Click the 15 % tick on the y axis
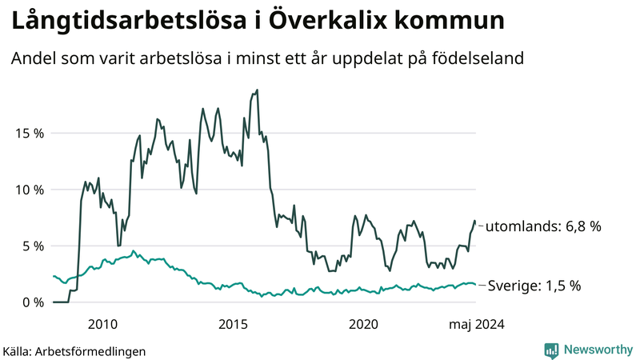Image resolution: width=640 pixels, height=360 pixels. point(28,133)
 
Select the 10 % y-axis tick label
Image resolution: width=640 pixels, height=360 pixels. point(28,190)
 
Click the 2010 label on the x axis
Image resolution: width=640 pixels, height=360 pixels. point(103,323)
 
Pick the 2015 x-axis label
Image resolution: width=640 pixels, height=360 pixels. point(234,323)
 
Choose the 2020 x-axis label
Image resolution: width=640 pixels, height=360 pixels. point(364,323)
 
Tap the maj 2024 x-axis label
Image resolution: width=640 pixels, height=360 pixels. point(477,323)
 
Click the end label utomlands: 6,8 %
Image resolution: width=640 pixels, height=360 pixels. point(542,226)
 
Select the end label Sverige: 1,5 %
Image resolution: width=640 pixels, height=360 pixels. point(534,286)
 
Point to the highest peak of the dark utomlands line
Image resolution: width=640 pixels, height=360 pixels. point(257,90)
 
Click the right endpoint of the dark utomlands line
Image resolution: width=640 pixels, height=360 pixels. point(475,222)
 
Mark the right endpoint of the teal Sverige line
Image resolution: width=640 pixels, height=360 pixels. point(475,284)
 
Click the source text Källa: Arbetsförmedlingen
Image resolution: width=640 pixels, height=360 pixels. point(74,350)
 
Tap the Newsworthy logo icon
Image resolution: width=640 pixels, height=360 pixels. point(551,350)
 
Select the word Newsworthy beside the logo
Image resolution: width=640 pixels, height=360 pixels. point(596,350)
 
